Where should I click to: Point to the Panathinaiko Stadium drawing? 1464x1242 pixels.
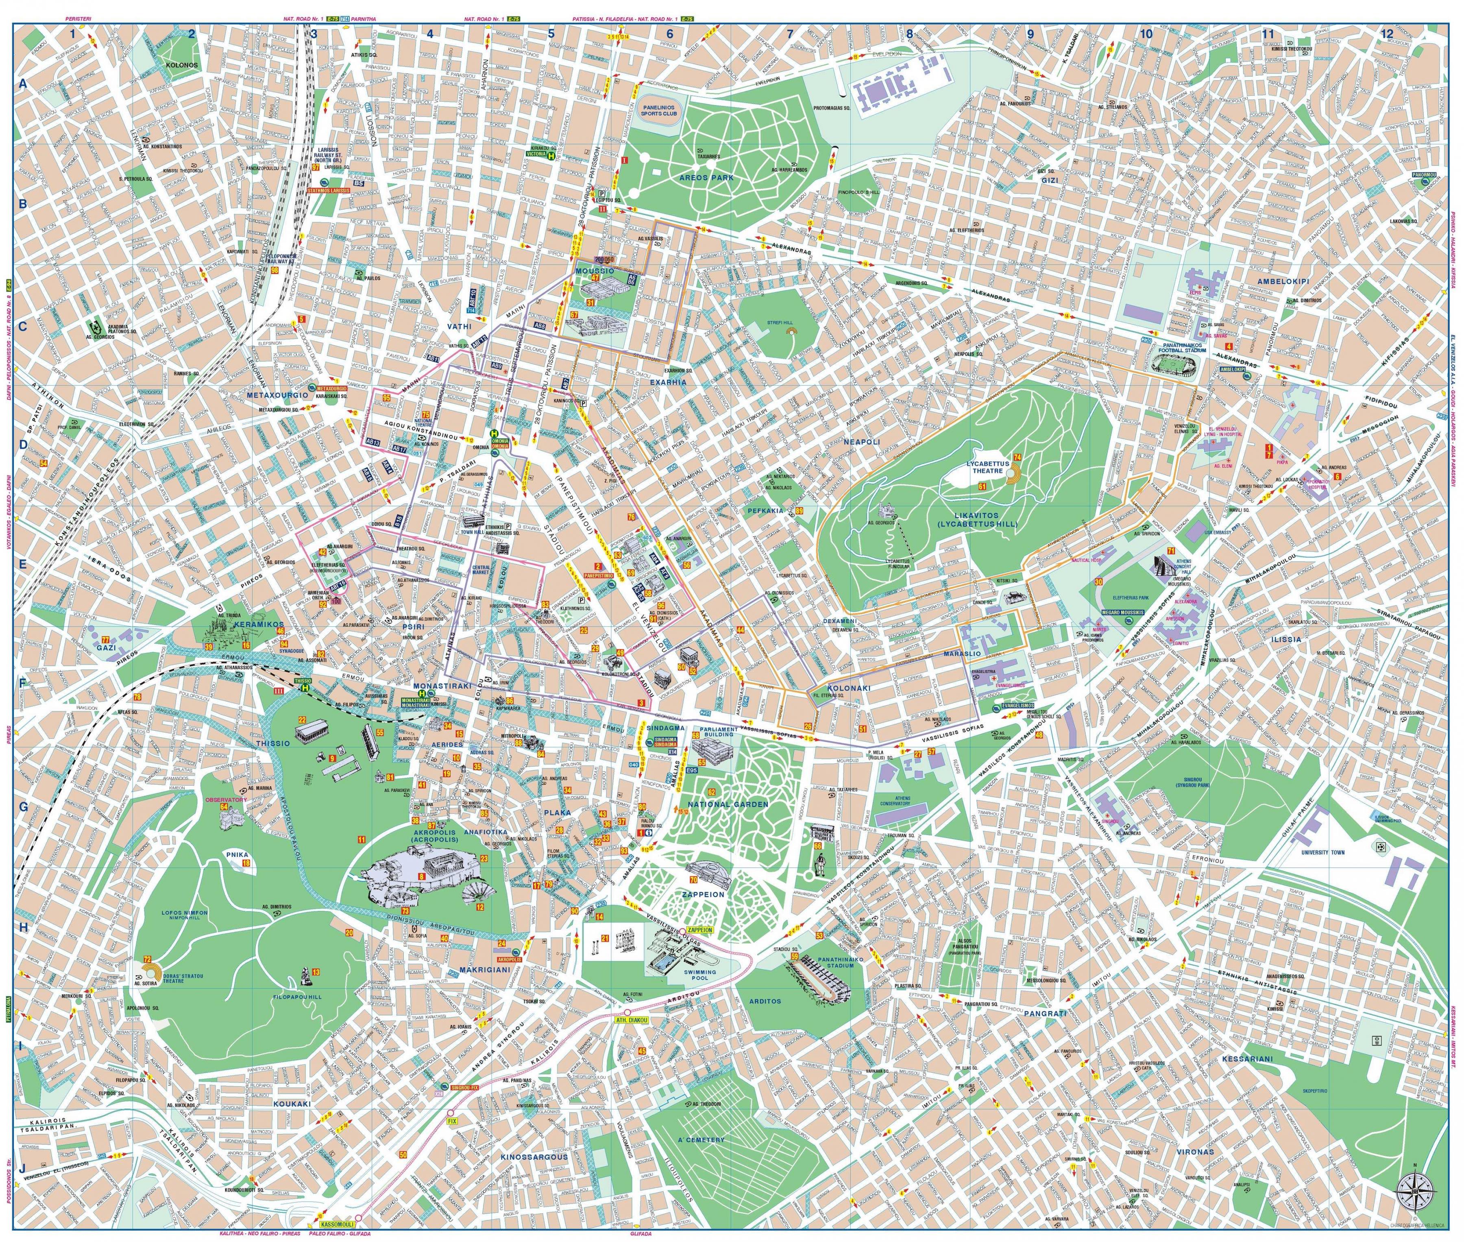825,978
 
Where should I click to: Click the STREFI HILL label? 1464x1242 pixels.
780,323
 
